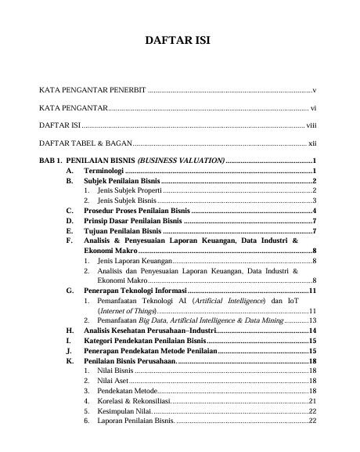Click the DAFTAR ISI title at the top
(x=179, y=41)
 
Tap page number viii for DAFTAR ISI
(x=311, y=125)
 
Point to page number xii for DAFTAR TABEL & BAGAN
(x=311, y=143)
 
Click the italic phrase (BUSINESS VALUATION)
(x=185, y=161)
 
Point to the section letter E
(x=70, y=231)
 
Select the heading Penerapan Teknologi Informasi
(x=136, y=291)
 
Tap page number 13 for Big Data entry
(x=311, y=320)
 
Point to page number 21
(x=311, y=401)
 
